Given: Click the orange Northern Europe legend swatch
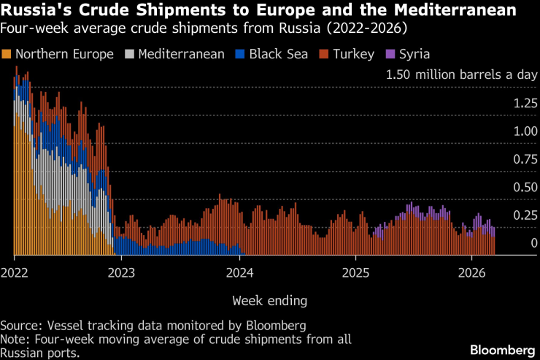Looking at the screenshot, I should [x=7, y=55].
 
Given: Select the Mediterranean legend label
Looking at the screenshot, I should [x=181, y=55].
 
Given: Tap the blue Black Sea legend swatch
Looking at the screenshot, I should [x=239, y=55].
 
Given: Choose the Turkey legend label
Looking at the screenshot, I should [x=353, y=55].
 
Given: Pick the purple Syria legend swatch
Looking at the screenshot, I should [x=389, y=55].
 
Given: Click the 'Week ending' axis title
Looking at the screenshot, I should [x=269, y=300].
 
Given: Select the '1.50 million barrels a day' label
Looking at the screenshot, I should [x=461, y=74].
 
